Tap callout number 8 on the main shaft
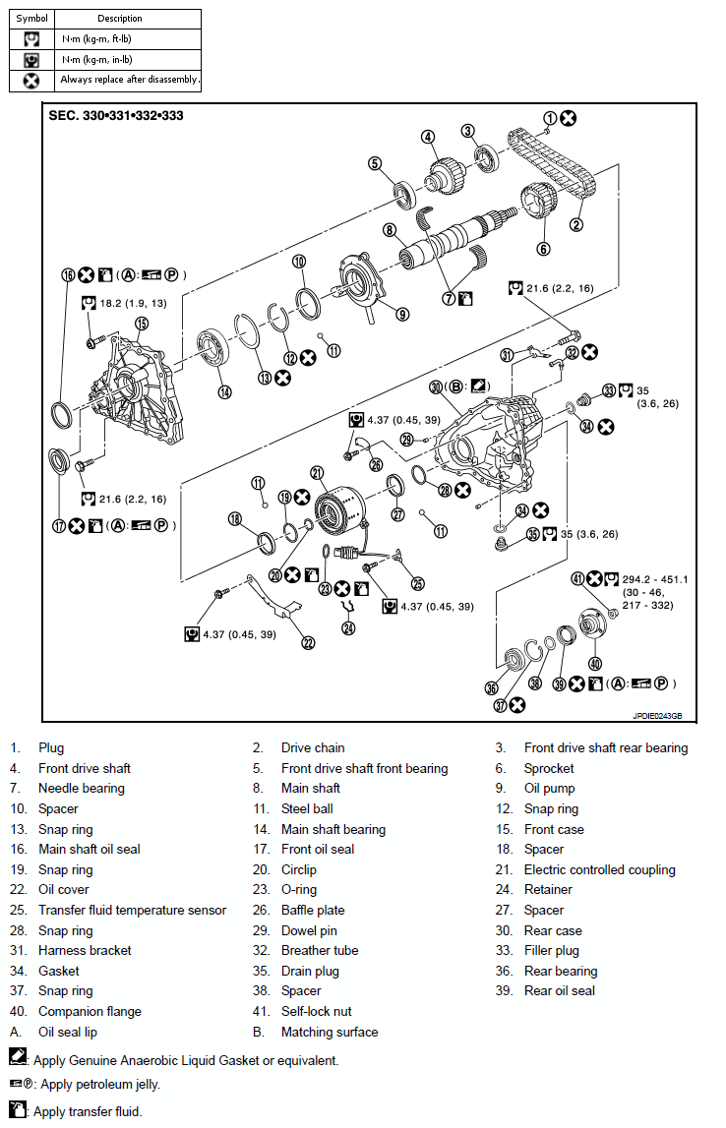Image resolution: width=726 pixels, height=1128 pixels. pos(390,230)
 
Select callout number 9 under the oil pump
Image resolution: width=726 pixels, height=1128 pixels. pos(402,315)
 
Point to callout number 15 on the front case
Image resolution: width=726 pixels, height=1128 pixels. pos(141,323)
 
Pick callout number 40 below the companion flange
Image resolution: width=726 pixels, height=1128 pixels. pos(595,663)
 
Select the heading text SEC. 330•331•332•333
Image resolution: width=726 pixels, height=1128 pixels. pos(116,115)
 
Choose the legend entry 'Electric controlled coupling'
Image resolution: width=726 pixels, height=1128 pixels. pos(599,869)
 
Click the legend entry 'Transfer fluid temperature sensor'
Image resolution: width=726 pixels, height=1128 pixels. pos(132,910)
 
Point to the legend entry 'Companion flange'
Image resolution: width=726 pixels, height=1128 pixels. pos(90,1011)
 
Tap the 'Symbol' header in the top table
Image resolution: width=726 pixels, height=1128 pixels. pos(31,18)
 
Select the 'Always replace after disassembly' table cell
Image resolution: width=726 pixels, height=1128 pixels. pos(129,80)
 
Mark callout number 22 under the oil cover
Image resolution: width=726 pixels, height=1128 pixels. pos(308,643)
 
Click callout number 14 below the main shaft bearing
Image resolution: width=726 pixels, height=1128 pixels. pos(225,391)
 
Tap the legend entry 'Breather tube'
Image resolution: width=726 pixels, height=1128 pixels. pos(320,950)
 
